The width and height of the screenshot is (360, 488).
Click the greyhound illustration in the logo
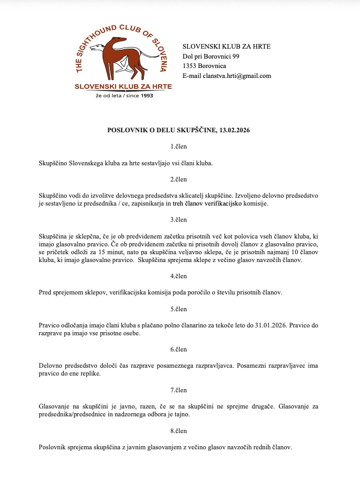click(122, 55)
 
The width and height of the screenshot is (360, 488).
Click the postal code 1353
click(189, 66)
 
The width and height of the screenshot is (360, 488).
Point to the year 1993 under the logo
click(148, 96)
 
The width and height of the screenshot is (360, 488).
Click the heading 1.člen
click(178, 146)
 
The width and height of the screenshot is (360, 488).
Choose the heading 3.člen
click(178, 220)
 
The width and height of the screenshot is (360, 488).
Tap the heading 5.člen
click(178, 309)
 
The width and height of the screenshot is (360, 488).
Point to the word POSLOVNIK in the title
click(127, 130)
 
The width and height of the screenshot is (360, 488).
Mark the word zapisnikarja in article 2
click(151, 203)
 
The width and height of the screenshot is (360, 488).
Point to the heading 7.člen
click(178, 390)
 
